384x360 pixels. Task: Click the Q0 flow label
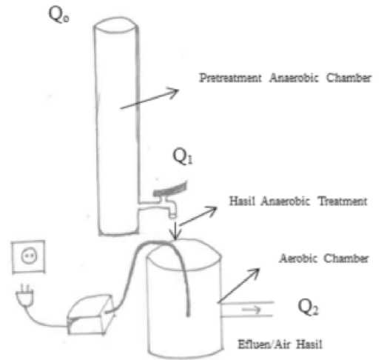pyautogui.click(x=58, y=14)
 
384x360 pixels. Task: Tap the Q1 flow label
pyautogui.click(x=183, y=156)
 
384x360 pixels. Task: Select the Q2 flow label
pyautogui.click(x=308, y=307)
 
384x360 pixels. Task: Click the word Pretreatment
pyautogui.click(x=230, y=78)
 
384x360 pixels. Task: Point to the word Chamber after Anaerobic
pyautogui.click(x=348, y=78)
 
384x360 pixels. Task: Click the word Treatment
pyautogui.click(x=343, y=201)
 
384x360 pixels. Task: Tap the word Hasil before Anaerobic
pyautogui.click(x=242, y=201)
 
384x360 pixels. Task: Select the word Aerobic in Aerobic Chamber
pyautogui.click(x=298, y=259)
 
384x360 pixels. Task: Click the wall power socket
pyautogui.click(x=28, y=256)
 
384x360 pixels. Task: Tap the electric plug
pyautogui.click(x=24, y=296)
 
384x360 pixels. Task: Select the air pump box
pyautogui.click(x=90, y=315)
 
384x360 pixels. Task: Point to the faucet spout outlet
pyautogui.click(x=172, y=216)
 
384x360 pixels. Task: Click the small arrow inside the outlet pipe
pyautogui.click(x=251, y=309)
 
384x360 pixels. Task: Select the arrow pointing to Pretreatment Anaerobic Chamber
pyautogui.click(x=149, y=99)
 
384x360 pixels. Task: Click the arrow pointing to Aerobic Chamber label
pyautogui.click(x=239, y=285)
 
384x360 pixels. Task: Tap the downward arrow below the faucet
pyautogui.click(x=175, y=231)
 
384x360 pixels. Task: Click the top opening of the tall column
pyautogui.click(x=115, y=25)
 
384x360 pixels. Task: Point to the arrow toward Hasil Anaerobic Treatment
pyautogui.click(x=198, y=216)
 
